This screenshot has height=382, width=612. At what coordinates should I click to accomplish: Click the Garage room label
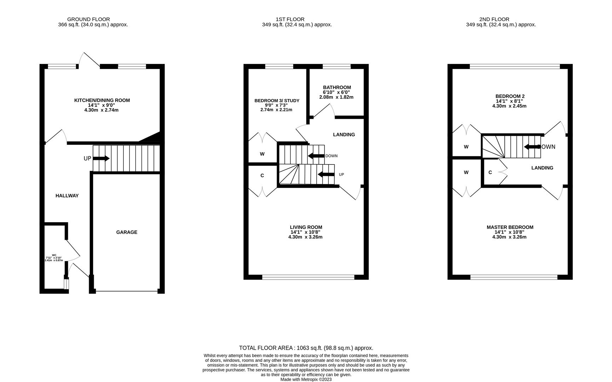(x=127, y=232)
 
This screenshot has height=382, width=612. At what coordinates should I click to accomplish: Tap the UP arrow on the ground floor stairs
(x=101, y=158)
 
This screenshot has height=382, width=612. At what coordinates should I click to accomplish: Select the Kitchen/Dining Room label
(x=102, y=100)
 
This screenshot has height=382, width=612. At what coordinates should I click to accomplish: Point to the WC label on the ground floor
(x=54, y=255)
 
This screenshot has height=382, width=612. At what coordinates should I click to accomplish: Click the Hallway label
(x=67, y=196)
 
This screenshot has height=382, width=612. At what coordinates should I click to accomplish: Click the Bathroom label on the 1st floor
(x=337, y=87)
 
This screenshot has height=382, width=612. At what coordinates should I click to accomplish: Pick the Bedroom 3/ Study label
(x=277, y=101)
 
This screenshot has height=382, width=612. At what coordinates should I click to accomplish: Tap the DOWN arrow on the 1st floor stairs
(x=316, y=156)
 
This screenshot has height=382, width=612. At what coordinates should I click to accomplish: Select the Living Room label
(x=306, y=227)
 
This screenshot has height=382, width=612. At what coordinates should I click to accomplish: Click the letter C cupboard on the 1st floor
(x=262, y=176)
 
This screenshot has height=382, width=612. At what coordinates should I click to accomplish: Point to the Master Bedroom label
(x=510, y=227)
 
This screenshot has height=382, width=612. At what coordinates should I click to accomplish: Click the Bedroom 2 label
(x=510, y=96)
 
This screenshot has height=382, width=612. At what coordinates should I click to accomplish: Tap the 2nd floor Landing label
(x=542, y=168)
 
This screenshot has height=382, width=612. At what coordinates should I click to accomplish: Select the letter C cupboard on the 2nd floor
(x=490, y=173)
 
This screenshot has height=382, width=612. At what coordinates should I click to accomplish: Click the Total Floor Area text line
(x=306, y=348)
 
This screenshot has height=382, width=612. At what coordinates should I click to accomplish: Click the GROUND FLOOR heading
(x=88, y=19)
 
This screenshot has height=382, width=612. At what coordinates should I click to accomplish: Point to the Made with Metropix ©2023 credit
(x=306, y=380)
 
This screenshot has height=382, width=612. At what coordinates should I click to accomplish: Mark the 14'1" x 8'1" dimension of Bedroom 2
(x=509, y=101)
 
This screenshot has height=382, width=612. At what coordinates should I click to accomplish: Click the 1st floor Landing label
(x=344, y=135)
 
